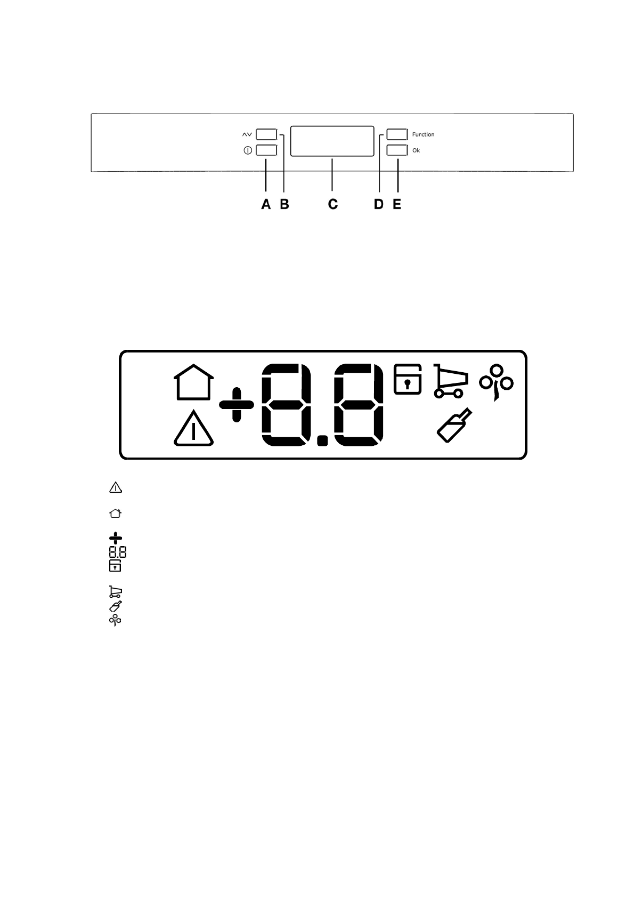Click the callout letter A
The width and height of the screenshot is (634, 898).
pyautogui.click(x=265, y=204)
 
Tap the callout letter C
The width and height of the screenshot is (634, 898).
pyautogui.click(x=332, y=204)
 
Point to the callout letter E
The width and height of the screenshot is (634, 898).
pyautogui.click(x=397, y=204)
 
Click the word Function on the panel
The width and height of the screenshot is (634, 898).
pyautogui.click(x=423, y=134)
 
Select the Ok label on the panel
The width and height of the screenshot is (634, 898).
pyautogui.click(x=416, y=150)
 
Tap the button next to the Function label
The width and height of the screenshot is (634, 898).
pyautogui.click(x=397, y=134)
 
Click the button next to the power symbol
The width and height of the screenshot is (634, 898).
pyautogui.click(x=266, y=150)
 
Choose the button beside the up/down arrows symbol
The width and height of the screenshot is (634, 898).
pyautogui.click(x=266, y=133)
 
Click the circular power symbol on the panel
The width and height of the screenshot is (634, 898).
pyautogui.click(x=247, y=150)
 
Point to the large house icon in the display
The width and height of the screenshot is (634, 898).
pyautogui.click(x=194, y=382)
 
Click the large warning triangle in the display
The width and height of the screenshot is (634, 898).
pyautogui.click(x=193, y=430)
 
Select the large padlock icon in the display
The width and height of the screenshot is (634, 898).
pyautogui.click(x=408, y=379)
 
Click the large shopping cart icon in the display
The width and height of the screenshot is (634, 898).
pyautogui.click(x=450, y=381)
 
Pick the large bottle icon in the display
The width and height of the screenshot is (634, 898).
pyautogui.click(x=454, y=425)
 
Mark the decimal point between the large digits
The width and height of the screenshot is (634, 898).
pyautogui.click(x=322, y=440)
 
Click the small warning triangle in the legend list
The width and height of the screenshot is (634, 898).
pyautogui.click(x=116, y=487)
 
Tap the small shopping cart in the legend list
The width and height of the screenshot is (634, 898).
pyautogui.click(x=116, y=592)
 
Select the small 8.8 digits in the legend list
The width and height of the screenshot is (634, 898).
pyautogui.click(x=118, y=552)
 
